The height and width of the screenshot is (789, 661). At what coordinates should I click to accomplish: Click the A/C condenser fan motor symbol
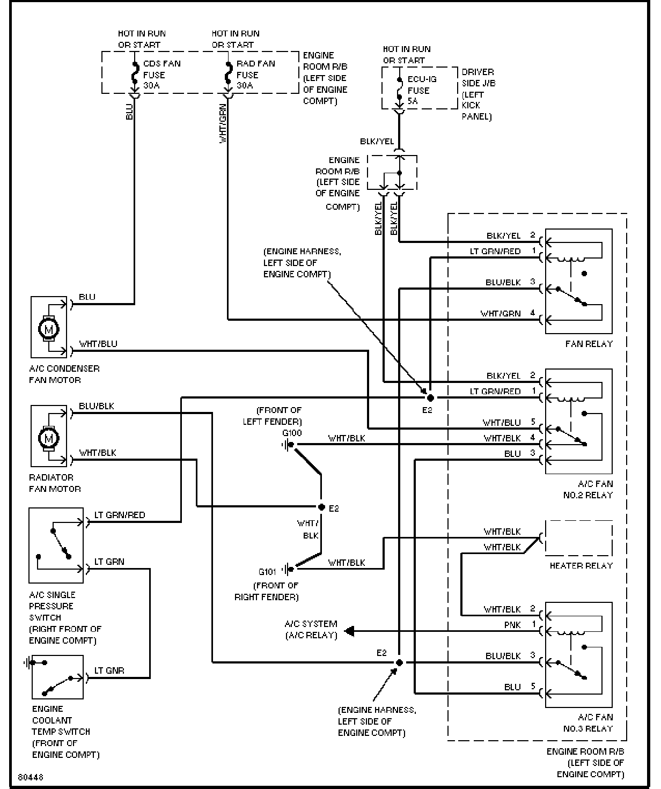(x=49, y=328)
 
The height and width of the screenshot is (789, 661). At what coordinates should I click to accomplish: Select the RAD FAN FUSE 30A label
(x=255, y=75)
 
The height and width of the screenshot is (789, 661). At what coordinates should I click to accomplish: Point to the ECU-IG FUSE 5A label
(x=422, y=90)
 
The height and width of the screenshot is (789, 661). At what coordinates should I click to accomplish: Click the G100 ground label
(x=292, y=433)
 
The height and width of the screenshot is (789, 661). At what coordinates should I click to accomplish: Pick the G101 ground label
(x=267, y=572)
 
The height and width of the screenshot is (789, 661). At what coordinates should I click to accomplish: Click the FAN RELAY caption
(x=589, y=344)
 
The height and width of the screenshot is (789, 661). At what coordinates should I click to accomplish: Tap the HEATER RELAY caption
(x=581, y=565)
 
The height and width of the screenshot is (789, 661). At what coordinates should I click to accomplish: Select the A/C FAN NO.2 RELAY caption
(x=587, y=489)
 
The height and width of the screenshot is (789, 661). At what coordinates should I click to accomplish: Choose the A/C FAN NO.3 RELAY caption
(x=587, y=722)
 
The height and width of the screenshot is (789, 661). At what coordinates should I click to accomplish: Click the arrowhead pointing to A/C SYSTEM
(x=349, y=631)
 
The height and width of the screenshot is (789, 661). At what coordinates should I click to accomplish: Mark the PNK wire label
(x=512, y=625)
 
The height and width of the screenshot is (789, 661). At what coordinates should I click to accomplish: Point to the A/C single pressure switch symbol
(x=56, y=545)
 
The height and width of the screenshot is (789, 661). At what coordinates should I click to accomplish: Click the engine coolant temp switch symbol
(x=57, y=677)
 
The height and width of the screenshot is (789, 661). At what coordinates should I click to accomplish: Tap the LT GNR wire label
(x=109, y=670)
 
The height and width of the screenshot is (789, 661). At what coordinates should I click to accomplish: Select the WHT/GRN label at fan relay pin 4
(x=500, y=313)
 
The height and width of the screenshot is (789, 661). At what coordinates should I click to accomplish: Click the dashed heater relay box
(x=579, y=537)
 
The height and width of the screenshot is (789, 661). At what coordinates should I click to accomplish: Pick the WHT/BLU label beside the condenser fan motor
(x=98, y=344)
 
